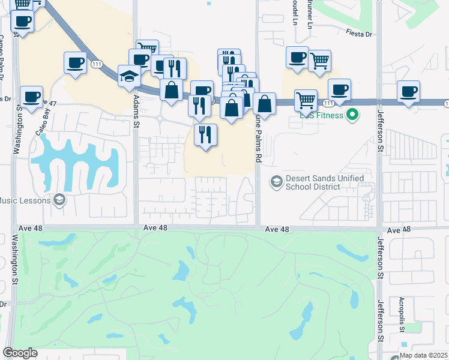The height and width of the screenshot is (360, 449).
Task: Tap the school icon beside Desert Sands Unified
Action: pyautogui.click(x=277, y=181)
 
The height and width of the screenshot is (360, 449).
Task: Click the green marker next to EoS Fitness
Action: pyautogui.click(x=353, y=115)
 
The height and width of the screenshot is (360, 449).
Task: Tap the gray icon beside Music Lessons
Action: pyautogui.click(x=59, y=200)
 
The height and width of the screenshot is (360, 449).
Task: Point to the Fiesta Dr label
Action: pyautogui.click(x=359, y=34)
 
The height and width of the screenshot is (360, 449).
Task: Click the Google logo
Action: pyautogui.click(x=20, y=353)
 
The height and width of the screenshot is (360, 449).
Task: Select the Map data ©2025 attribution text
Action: pyautogui.click(x=424, y=355)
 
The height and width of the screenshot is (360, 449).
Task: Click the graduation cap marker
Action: pyautogui.click(x=129, y=76)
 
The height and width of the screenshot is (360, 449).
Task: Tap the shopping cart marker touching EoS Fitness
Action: pyautogui.click(x=306, y=100)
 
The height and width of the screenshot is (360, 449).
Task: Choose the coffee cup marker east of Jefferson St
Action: pyautogui.click(x=409, y=92)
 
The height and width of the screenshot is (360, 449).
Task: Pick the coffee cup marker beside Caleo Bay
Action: pyautogui.click(x=31, y=97)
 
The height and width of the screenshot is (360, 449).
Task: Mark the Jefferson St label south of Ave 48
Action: pyautogui.click(x=380, y=257)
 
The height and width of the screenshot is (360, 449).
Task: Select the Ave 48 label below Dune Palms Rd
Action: pyautogui.click(x=277, y=229)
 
